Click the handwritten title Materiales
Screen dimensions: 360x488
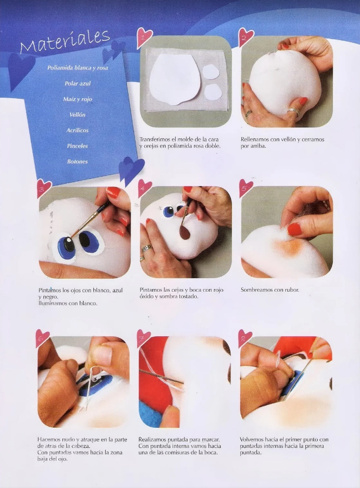click(65, 41)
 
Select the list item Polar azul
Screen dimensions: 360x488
click(78, 84)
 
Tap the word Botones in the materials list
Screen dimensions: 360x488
click(77, 162)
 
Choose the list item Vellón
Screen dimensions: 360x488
click(77, 114)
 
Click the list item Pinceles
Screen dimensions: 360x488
click(77, 146)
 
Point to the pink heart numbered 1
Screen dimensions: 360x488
click(144, 37)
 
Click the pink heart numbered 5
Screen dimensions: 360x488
click(246, 188)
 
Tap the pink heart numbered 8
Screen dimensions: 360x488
click(245, 338)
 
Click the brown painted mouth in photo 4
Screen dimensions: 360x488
click(185, 233)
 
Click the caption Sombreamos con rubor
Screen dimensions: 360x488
click(270, 290)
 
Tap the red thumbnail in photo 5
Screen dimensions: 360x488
click(294, 229)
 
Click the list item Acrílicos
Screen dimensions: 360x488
click(77, 130)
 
